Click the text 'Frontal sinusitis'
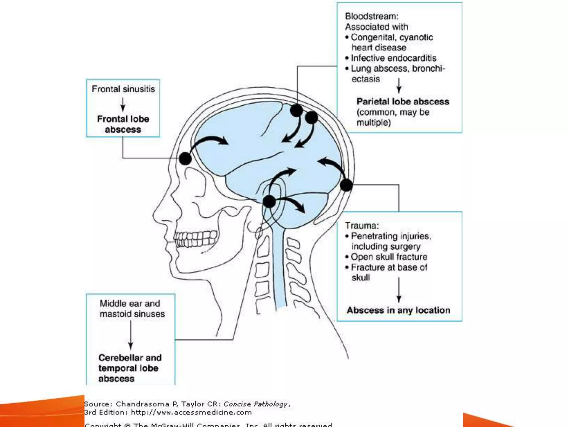pyautogui.click(x=123, y=89)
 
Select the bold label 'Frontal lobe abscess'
pyautogui.click(x=123, y=124)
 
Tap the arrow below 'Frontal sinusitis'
pyautogui.click(x=123, y=105)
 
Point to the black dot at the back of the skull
pyautogui.click(x=346, y=185)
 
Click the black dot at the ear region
pyautogui.click(x=269, y=201)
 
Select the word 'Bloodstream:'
pyautogui.click(x=372, y=16)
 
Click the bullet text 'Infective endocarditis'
pyautogui.click(x=393, y=58)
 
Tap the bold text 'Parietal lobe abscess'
pyautogui.click(x=403, y=101)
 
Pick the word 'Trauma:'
pyautogui.click(x=362, y=225)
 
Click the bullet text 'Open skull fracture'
pyautogui.click(x=389, y=257)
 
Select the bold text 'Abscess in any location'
pyautogui.click(x=398, y=310)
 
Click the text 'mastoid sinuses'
pyautogui.click(x=132, y=314)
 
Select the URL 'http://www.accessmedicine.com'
pyautogui.click(x=191, y=413)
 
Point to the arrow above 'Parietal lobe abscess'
pyautogui.click(x=399, y=86)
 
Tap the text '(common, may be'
pyautogui.click(x=393, y=112)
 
